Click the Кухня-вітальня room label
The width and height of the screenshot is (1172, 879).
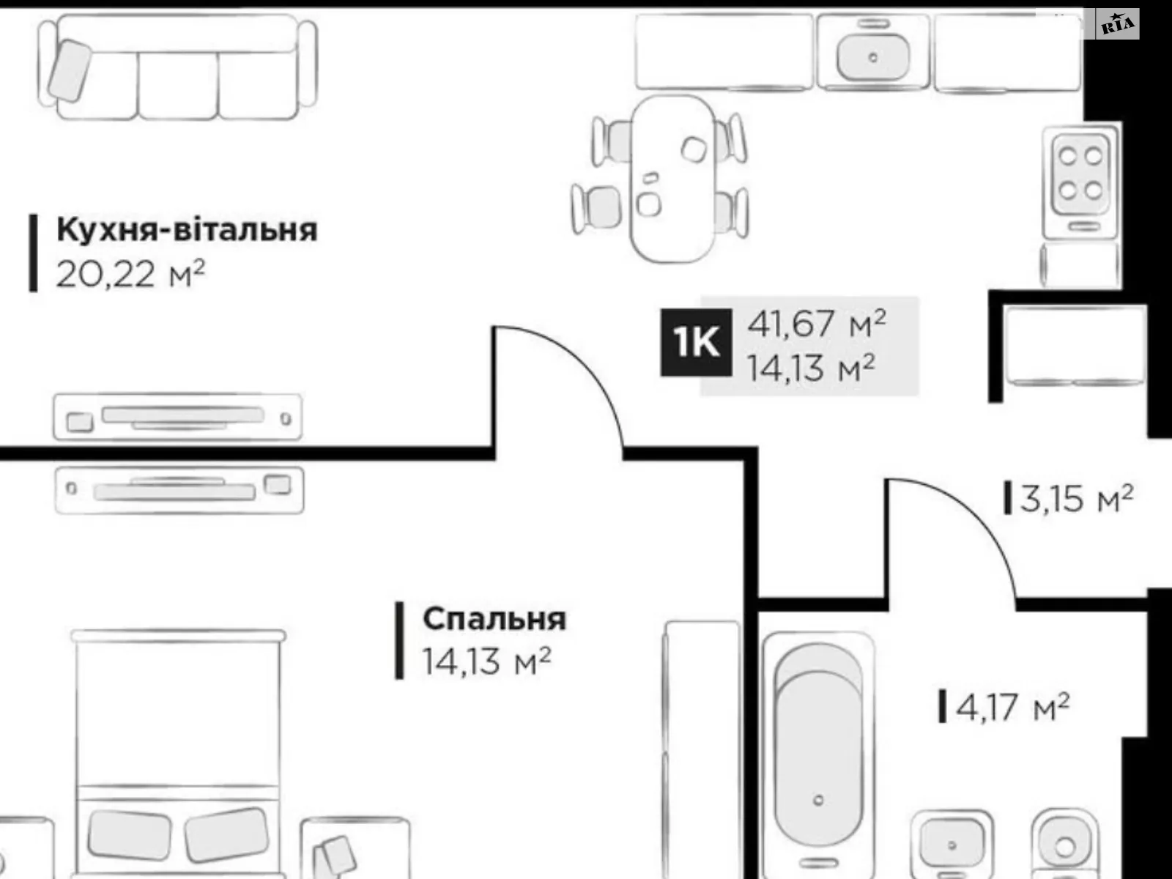(x=187, y=230)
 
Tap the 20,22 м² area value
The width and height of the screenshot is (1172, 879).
(x=130, y=275)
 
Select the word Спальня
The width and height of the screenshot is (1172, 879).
(x=494, y=619)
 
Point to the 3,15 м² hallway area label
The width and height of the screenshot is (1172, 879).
(x=1075, y=499)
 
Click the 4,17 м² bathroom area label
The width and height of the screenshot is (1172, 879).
(x=1012, y=708)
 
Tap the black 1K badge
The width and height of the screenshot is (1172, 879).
(x=695, y=342)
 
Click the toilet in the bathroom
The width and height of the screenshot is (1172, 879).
(x=1064, y=846)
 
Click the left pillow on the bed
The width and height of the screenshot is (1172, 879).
(x=130, y=835)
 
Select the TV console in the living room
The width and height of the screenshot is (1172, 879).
(x=177, y=417)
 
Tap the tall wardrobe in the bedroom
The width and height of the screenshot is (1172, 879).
(x=702, y=747)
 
